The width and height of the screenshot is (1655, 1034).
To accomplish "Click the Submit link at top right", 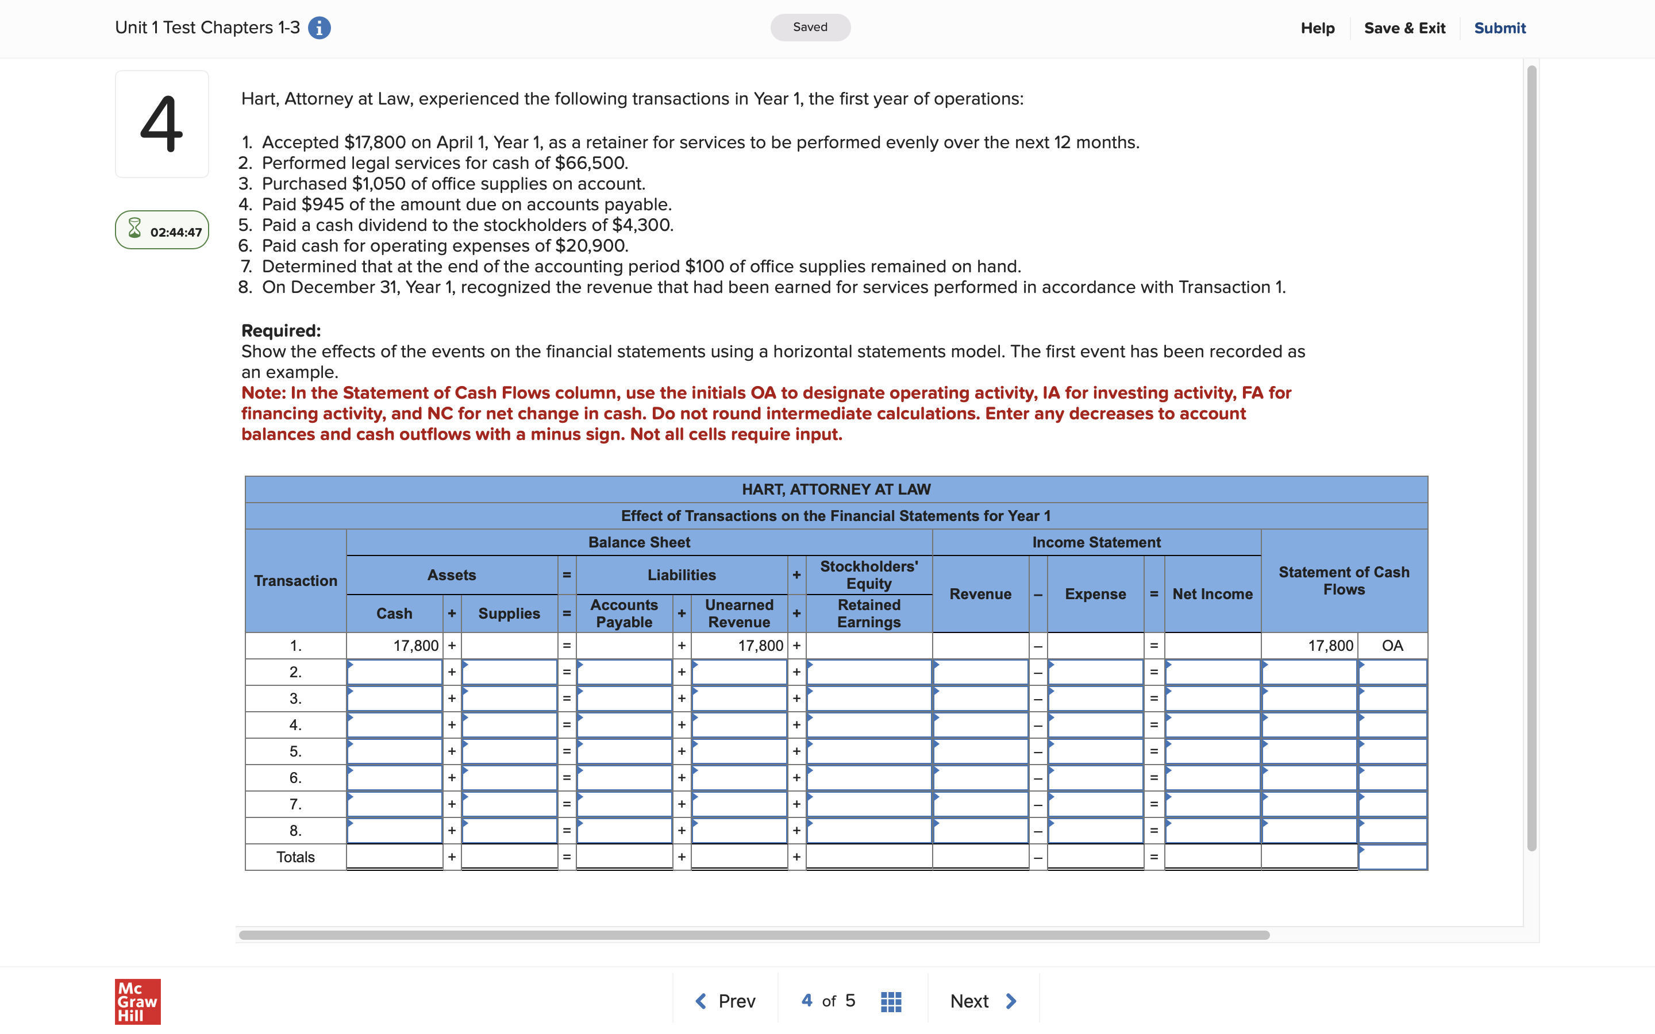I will pos(1499,28).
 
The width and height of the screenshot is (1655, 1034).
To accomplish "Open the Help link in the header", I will pos(1317,28).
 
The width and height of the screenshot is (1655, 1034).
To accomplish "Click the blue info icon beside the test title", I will pos(320,28).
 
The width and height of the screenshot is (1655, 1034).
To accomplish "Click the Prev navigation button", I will pos(726,1001).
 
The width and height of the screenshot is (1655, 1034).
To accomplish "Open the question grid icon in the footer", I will pos(890,1002).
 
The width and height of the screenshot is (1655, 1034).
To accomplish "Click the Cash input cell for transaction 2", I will pos(395,672).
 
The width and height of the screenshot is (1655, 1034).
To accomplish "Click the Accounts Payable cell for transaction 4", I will pos(625,725).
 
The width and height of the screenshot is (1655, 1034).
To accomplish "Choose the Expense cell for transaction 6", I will pos(1096,778).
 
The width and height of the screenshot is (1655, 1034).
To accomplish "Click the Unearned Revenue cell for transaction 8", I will pos(738,831).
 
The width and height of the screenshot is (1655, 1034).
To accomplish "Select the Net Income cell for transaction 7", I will pos(1213,804).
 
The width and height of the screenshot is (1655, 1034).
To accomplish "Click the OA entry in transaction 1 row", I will pos(1392,646).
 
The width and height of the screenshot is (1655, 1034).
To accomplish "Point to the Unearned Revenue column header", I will pos(738,614).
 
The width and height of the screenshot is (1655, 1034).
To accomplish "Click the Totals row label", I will pos(295,857).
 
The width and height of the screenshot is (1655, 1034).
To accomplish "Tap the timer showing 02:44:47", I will pos(162,230).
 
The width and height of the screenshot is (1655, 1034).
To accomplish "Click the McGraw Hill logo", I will pos(137,1002).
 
